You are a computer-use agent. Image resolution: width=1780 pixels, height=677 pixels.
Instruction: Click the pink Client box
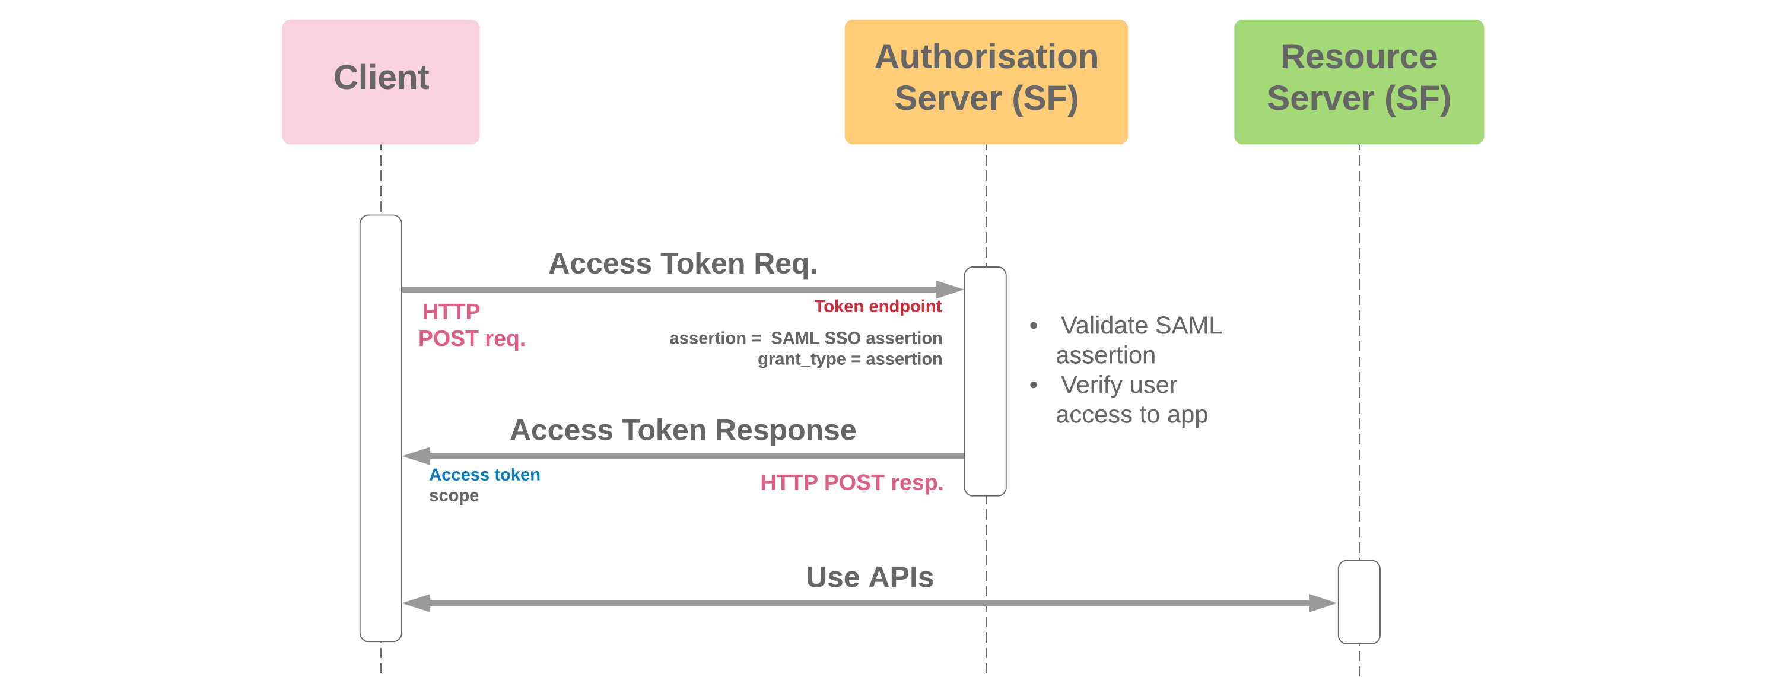(x=381, y=81)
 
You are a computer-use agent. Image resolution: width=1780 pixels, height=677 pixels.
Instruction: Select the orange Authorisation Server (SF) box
(x=986, y=81)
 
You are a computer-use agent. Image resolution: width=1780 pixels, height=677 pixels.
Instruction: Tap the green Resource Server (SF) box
(x=1359, y=81)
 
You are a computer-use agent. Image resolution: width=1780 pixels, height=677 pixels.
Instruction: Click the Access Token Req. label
(x=683, y=263)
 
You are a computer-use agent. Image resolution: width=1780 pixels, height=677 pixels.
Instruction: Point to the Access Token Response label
(x=683, y=430)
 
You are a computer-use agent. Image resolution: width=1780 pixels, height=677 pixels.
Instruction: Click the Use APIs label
(x=869, y=577)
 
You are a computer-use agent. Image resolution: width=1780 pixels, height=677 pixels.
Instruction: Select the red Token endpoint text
(x=878, y=306)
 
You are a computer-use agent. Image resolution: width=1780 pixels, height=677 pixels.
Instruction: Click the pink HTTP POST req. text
(x=471, y=325)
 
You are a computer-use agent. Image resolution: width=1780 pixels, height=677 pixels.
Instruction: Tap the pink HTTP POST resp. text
(x=851, y=482)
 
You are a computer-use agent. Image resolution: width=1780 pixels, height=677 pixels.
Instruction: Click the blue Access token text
(x=484, y=475)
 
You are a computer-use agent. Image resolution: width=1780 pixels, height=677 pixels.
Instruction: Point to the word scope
(x=453, y=495)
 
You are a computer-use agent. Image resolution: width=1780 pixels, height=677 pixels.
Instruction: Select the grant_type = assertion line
(x=849, y=359)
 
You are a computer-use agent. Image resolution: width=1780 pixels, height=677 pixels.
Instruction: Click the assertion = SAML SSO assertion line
(x=805, y=338)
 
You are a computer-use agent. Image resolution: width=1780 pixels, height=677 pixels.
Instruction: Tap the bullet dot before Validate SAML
(x=1033, y=325)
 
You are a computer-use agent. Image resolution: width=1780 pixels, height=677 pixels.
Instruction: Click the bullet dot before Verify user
(x=1033, y=385)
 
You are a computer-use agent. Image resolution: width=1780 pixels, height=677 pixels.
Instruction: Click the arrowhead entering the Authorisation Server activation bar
(x=951, y=289)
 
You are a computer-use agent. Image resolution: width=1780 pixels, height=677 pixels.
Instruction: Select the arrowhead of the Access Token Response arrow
(x=417, y=455)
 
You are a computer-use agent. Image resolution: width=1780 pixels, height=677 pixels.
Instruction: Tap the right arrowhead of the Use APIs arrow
(x=1322, y=602)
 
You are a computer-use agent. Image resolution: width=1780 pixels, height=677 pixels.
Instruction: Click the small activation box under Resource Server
(x=1359, y=602)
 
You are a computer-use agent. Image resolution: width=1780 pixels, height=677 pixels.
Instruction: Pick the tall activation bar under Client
(x=381, y=428)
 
